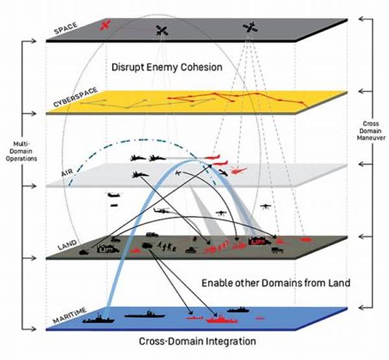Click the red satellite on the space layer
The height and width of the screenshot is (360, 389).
[x=106, y=25]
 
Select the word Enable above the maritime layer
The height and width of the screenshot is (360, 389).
[x=218, y=283]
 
